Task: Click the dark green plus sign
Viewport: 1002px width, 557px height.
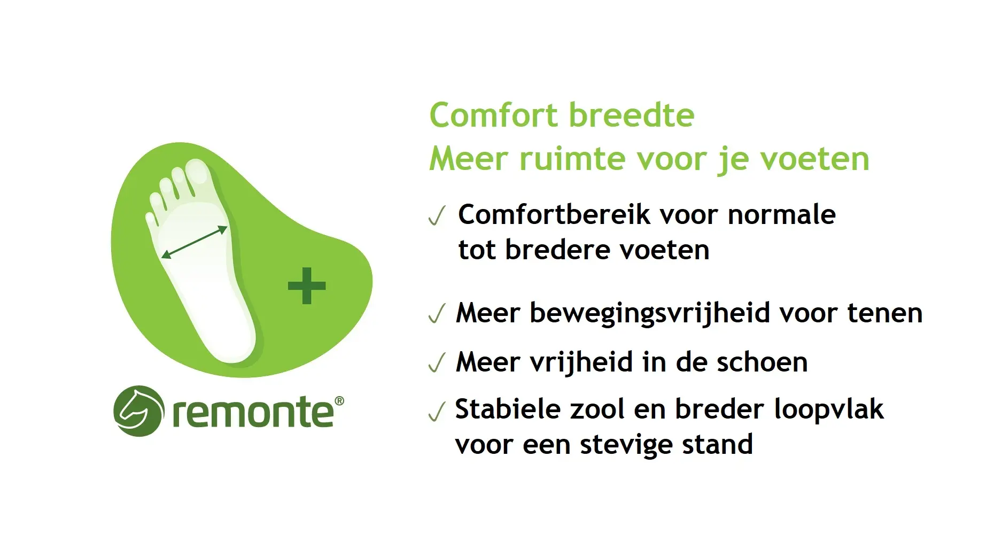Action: pos(307,285)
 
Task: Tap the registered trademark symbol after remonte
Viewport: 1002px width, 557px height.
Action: pos(339,401)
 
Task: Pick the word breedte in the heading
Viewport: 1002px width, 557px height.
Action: pos(631,115)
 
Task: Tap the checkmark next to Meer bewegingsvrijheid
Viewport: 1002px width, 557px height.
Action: pos(437,314)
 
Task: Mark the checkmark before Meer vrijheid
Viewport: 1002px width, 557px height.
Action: pos(437,363)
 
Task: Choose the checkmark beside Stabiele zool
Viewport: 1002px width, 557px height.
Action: pos(437,412)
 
